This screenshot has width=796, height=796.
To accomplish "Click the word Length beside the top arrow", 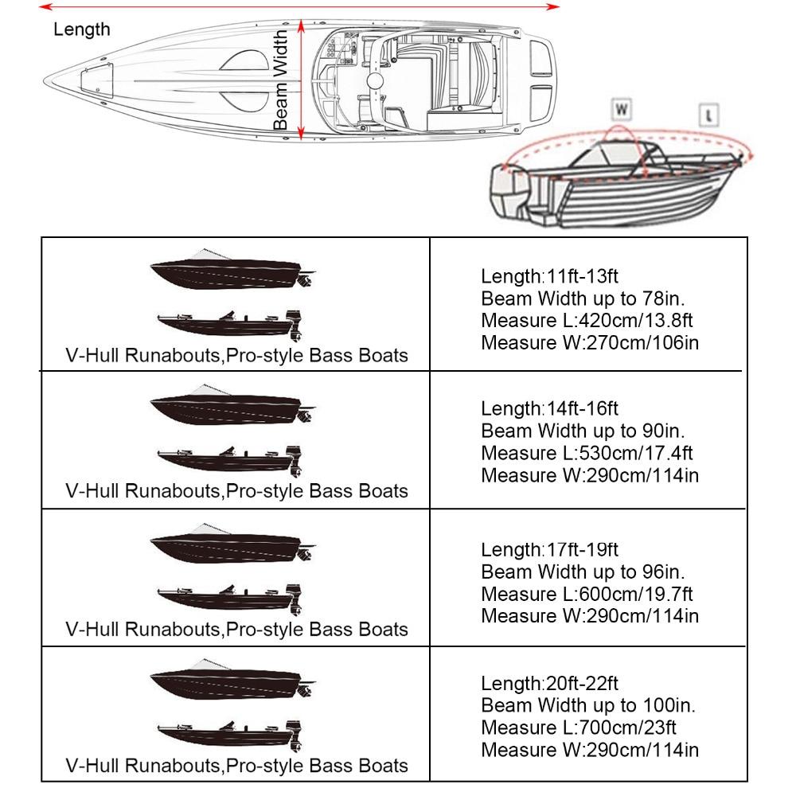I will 81,30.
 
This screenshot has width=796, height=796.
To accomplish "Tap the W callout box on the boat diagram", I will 622,107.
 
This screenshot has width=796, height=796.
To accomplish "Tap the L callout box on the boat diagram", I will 708,115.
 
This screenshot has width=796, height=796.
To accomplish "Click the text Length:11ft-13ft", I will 549,277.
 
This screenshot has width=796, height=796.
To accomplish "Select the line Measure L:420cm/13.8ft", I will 587,321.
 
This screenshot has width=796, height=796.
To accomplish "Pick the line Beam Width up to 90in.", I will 583,431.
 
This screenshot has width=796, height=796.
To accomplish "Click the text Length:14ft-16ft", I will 549,409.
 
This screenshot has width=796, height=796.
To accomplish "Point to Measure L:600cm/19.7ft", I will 587,594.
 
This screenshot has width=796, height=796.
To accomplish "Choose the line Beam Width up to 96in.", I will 583,572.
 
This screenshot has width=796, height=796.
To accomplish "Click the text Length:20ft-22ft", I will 549,684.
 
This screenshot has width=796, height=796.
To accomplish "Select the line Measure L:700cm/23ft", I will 579,728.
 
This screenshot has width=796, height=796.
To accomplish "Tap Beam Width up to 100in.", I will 587,705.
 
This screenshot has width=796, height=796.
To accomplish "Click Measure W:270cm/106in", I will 590,343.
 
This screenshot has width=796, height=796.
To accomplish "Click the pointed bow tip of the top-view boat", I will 45,80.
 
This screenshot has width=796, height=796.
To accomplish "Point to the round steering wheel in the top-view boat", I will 375,80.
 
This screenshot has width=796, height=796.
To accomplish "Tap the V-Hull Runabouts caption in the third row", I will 236,629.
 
